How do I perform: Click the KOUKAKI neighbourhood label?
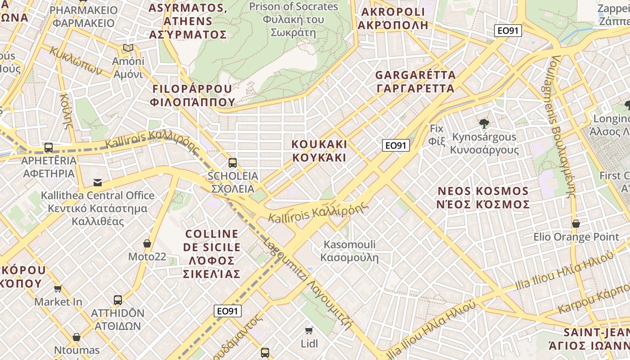tap(319, 151)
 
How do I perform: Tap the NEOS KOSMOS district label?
tap(483, 198)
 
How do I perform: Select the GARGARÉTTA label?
tap(415, 81)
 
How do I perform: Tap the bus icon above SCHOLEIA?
tap(232, 162)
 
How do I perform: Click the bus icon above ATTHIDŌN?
tap(117, 300)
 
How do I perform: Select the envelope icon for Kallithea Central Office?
tap(97, 182)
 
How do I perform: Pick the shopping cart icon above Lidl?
tap(309, 331)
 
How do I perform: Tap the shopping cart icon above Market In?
tap(58, 288)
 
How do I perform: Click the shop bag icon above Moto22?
tap(147, 243)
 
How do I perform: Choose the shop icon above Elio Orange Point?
tap(576, 224)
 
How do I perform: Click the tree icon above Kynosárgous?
tap(484, 123)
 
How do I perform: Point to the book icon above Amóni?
tap(128, 48)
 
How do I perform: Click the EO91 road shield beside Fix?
tap(396, 145)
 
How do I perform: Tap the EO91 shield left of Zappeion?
tap(508, 31)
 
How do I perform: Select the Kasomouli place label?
tap(350, 251)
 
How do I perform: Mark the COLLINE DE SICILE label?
tap(211, 254)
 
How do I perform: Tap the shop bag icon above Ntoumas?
tap(76, 337)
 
